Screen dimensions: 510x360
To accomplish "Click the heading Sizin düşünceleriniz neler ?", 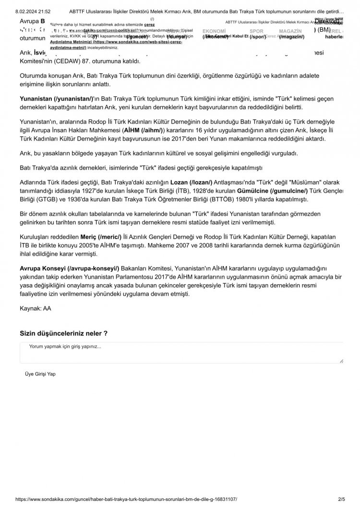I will [x=63, y=333].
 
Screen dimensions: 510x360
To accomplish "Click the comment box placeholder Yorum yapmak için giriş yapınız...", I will [x=65, y=346].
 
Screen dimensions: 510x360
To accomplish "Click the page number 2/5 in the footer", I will [x=342, y=500].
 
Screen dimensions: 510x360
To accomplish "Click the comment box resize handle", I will [x=341, y=360].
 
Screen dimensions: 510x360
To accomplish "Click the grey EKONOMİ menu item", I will [x=214, y=30].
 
